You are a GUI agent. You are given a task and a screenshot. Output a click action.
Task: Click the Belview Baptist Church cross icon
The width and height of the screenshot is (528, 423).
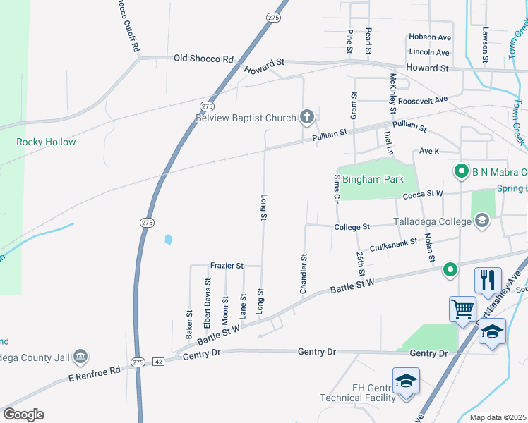(306, 116)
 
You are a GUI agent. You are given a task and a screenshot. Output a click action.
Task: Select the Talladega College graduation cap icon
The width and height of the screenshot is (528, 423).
(482, 221)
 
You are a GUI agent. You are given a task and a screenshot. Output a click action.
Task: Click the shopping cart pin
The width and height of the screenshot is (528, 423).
(462, 308)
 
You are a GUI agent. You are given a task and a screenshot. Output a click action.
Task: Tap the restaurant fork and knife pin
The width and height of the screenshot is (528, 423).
(488, 280)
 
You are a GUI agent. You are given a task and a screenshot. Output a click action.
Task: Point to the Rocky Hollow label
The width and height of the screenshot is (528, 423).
(46, 142)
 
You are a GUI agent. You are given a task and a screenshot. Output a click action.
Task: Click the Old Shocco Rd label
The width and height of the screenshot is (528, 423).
(203, 59)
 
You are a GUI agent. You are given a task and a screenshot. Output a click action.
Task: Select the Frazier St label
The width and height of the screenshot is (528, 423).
(227, 266)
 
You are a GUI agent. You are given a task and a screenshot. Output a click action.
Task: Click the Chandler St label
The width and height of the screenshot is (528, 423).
(304, 274)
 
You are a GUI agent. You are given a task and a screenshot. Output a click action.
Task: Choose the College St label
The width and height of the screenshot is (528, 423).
(352, 227)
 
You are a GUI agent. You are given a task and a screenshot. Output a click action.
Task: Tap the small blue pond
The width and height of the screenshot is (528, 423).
(168, 240)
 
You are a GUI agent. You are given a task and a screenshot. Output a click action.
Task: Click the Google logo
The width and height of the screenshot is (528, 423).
(23, 415)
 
